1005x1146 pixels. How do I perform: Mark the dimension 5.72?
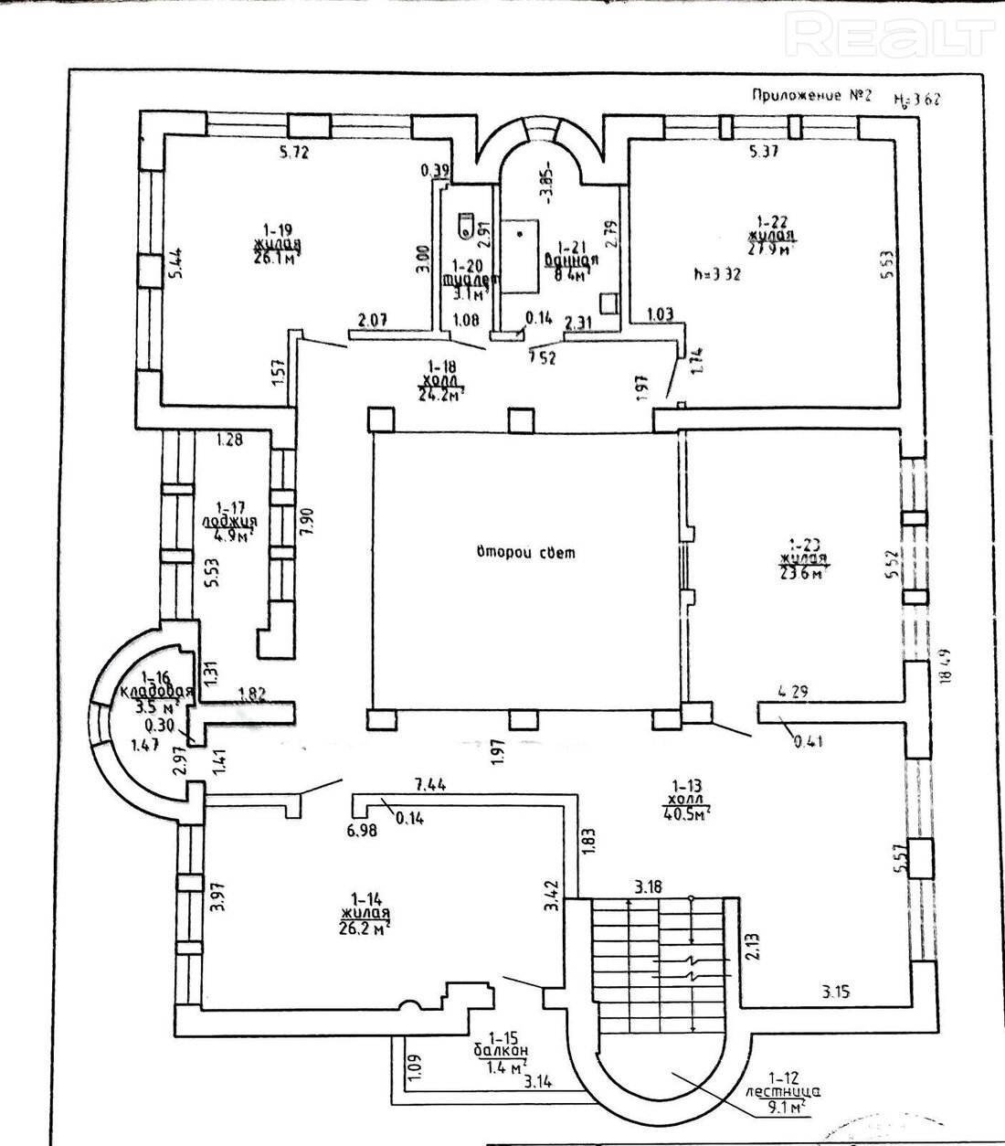pyautogui.click(x=295, y=153)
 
